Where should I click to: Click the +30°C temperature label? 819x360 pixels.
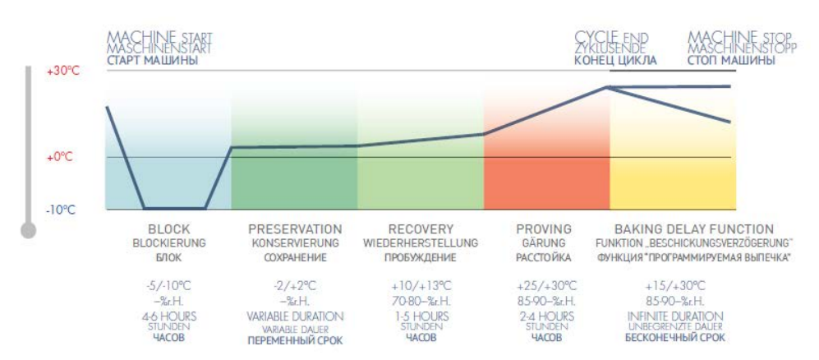pos(62,71)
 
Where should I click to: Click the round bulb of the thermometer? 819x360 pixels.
pos(29,231)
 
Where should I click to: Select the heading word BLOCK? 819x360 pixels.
pos(169,229)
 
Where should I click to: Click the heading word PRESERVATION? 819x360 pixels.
pos(295,229)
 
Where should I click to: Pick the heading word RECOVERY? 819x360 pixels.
pos(421,229)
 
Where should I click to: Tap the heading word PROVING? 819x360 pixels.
pos(544,229)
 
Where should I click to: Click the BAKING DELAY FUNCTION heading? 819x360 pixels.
pos(694,229)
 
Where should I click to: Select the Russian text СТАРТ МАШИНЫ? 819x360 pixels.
pos(152,60)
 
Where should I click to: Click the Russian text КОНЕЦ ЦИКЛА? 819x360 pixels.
pos(615,60)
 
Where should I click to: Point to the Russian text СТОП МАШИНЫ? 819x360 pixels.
pos(730,60)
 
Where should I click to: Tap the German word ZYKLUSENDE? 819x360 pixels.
pos(609,48)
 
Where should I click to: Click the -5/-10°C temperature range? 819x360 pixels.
pos(169,286)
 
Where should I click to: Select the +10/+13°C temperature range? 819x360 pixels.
pos(421,286)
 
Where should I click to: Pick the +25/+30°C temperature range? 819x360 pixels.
pos(545,286)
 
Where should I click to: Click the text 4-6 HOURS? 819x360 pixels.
pos(169,316)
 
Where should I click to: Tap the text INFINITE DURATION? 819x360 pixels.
pos(674,316)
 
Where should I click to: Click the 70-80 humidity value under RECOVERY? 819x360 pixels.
pos(421,301)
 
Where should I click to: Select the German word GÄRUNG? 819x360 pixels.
pos(544,243)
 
